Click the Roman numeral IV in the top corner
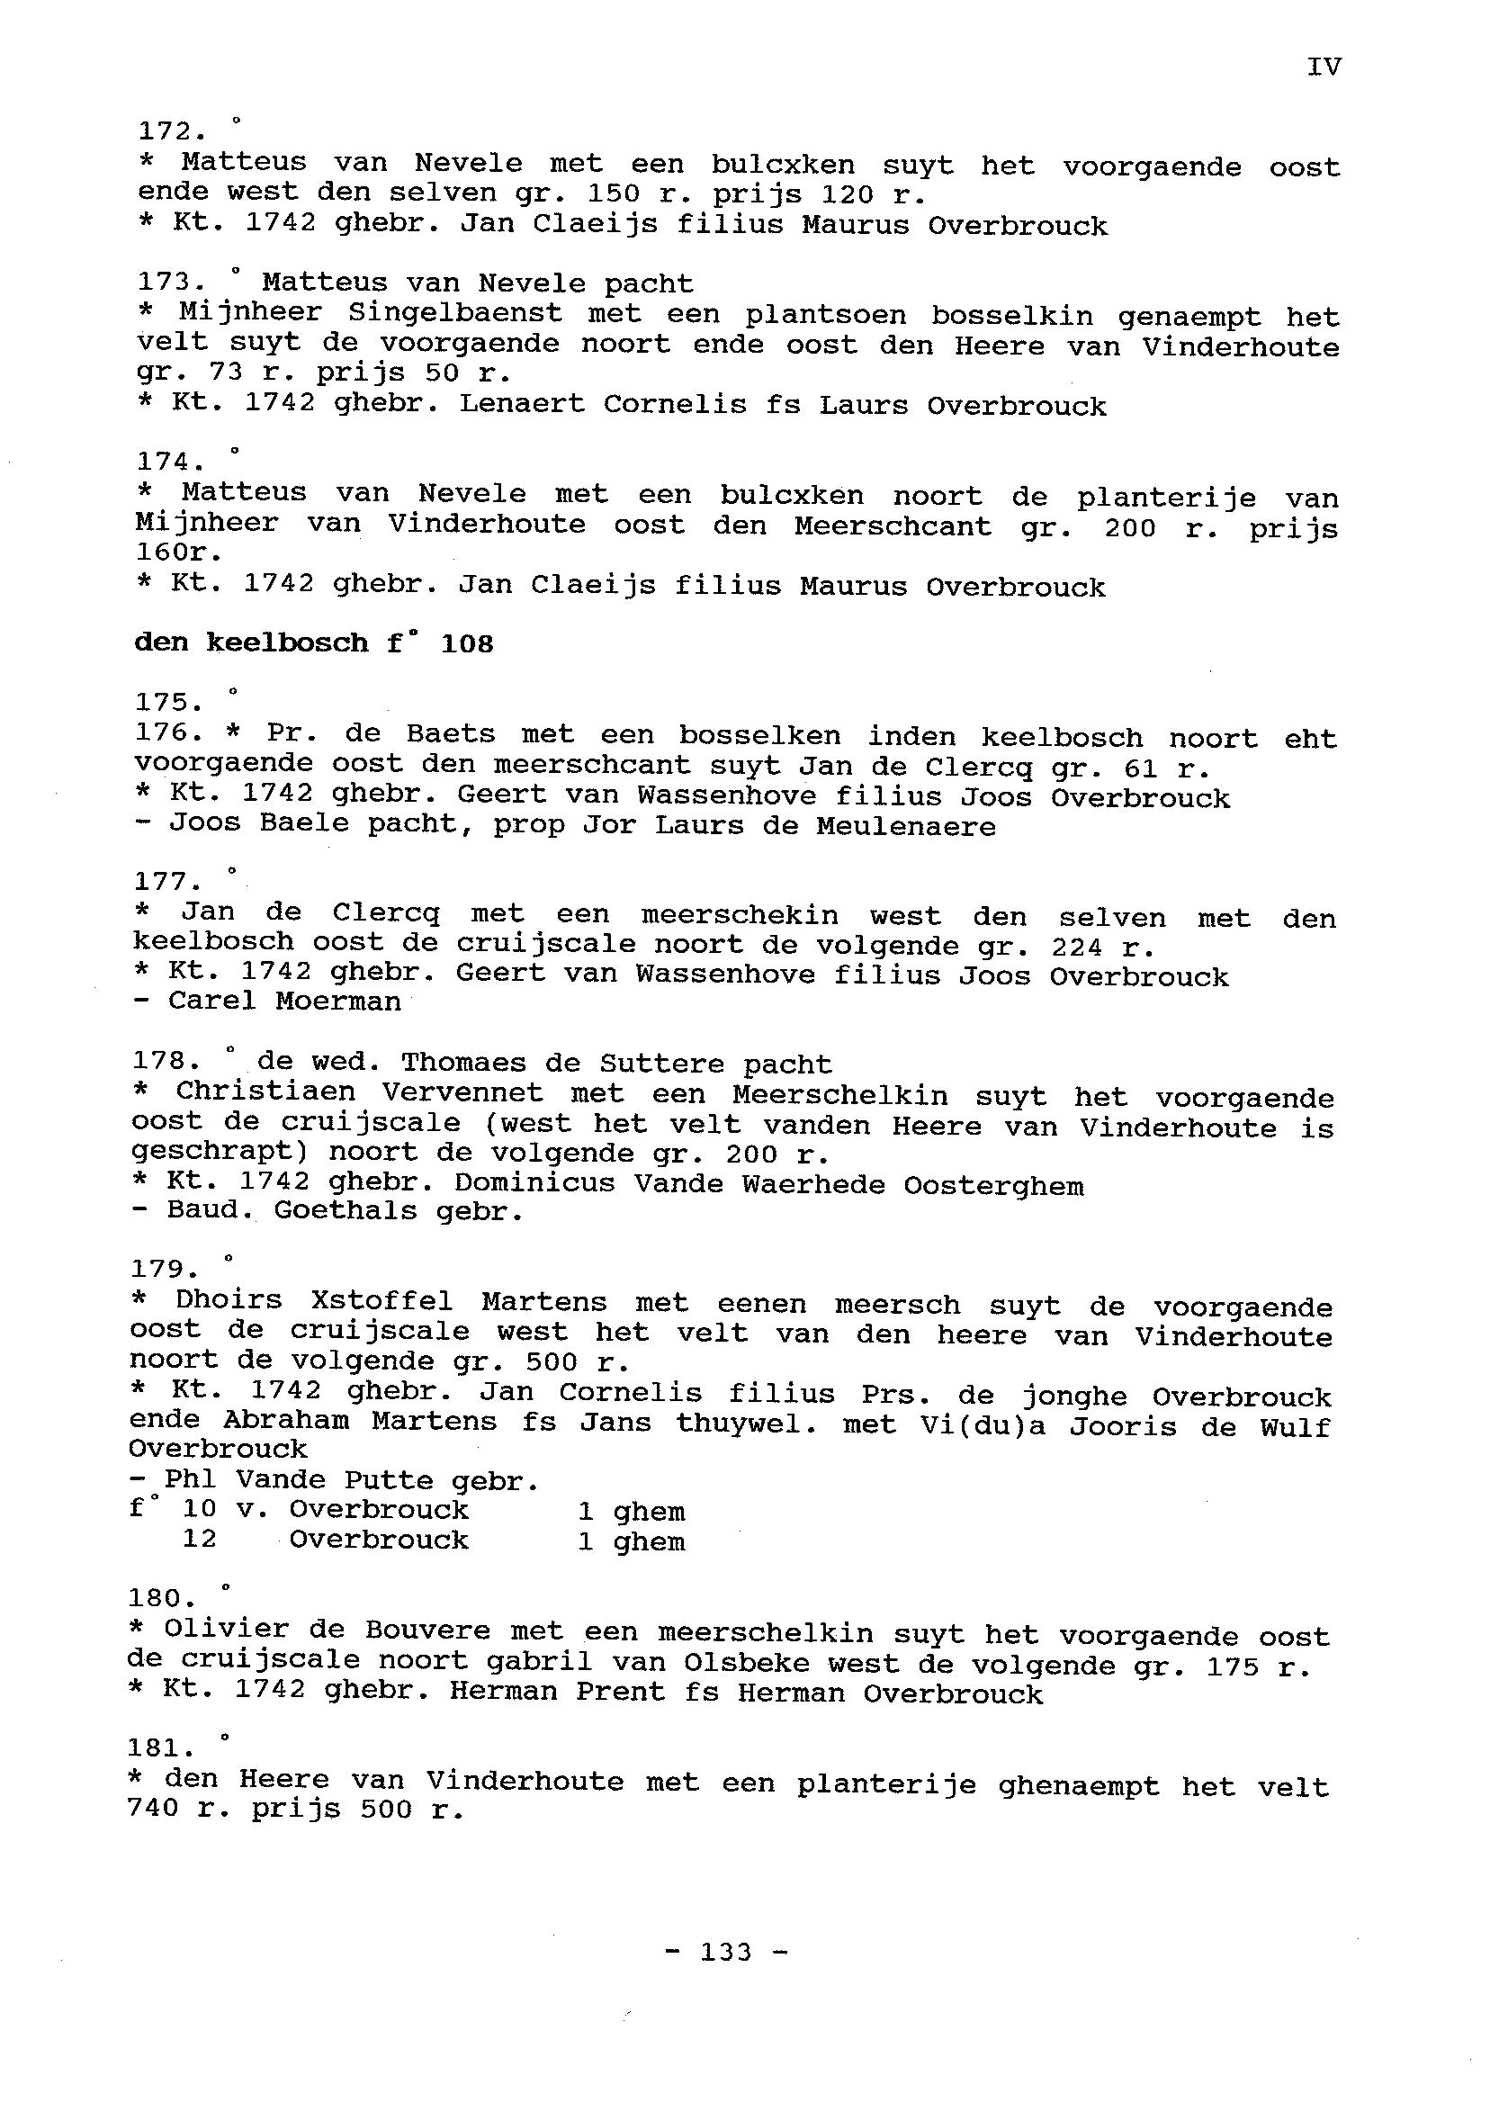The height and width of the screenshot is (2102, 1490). tap(1324, 67)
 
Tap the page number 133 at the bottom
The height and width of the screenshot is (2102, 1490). tap(725, 1951)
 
